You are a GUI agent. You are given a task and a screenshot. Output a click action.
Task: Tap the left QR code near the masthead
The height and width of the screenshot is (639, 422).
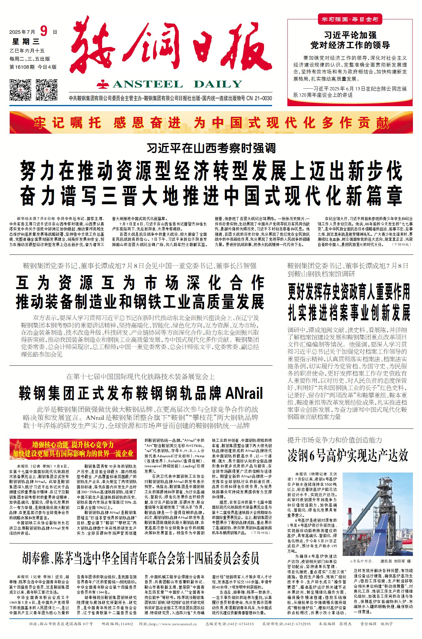click(20, 90)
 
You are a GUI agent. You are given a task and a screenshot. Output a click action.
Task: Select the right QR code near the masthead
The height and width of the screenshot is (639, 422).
click(47, 90)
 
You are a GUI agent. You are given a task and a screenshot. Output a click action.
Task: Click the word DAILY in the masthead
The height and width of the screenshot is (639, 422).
click(218, 84)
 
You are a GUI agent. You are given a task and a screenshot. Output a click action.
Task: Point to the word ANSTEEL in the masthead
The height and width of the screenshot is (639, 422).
click(148, 84)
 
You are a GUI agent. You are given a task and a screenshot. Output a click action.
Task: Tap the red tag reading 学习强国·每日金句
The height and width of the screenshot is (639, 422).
click(350, 19)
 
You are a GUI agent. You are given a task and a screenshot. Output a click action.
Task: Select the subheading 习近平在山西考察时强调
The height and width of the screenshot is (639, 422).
click(211, 148)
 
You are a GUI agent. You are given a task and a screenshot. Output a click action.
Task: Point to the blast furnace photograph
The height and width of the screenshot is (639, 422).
click(377, 516)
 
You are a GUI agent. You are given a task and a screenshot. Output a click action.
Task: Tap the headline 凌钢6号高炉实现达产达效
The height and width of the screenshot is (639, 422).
click(348, 456)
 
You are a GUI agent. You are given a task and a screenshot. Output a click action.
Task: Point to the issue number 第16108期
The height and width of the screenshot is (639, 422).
click(22, 67)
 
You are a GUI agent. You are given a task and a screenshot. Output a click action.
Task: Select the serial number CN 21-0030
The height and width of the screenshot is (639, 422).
click(259, 98)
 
